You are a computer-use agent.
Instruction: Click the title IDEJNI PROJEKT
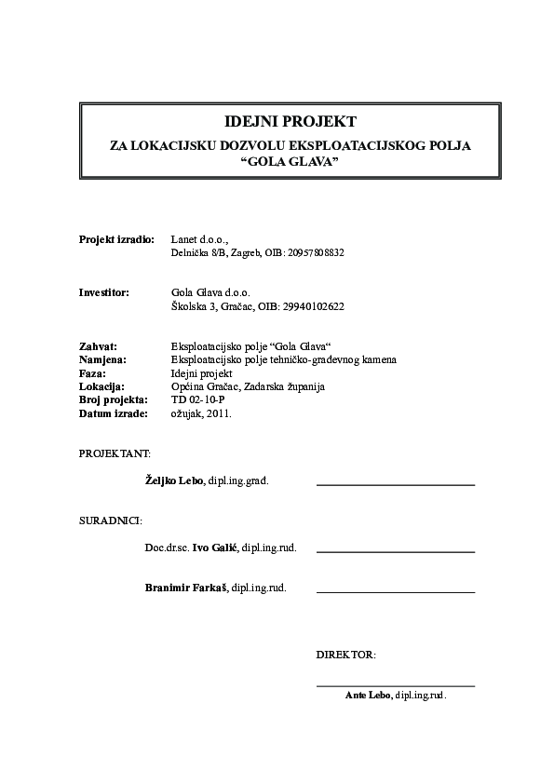(277, 122)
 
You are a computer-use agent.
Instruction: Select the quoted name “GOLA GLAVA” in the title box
(277, 161)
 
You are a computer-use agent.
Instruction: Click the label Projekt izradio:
(116, 239)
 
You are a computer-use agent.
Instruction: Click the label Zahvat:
(99, 345)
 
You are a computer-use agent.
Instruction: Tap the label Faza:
(93, 372)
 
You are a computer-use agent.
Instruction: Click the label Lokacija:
(102, 385)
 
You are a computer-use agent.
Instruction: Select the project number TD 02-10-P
(198, 398)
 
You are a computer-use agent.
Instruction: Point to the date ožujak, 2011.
(202, 411)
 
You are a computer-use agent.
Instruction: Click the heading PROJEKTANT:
(115, 453)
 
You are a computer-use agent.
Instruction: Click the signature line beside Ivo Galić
(396, 552)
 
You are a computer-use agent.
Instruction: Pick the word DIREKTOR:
(346, 655)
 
